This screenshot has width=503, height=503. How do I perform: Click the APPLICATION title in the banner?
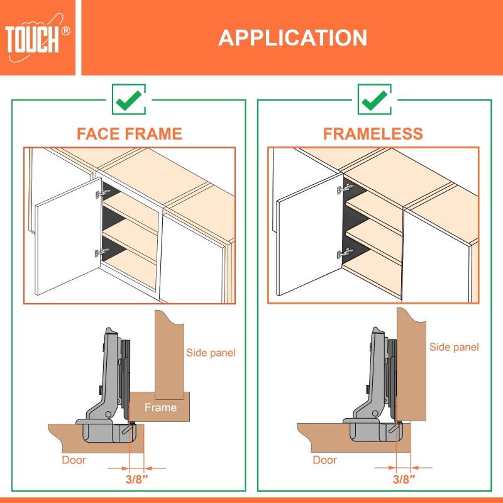click(292, 38)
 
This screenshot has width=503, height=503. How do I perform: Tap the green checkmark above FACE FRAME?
click(129, 99)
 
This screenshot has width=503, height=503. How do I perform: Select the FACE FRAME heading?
click(129, 134)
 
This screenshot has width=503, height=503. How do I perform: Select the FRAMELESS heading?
click(373, 134)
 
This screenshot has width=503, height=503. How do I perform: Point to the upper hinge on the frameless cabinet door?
click(345, 188)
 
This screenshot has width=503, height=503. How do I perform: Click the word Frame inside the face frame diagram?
click(160, 407)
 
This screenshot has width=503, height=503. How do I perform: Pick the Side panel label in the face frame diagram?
click(211, 353)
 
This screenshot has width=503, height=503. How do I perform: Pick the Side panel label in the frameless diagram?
click(454, 347)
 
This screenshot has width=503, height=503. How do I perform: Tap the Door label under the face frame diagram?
click(74, 460)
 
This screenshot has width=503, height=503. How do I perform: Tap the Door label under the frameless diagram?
click(325, 460)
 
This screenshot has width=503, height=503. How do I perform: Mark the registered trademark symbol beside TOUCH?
click(66, 30)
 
